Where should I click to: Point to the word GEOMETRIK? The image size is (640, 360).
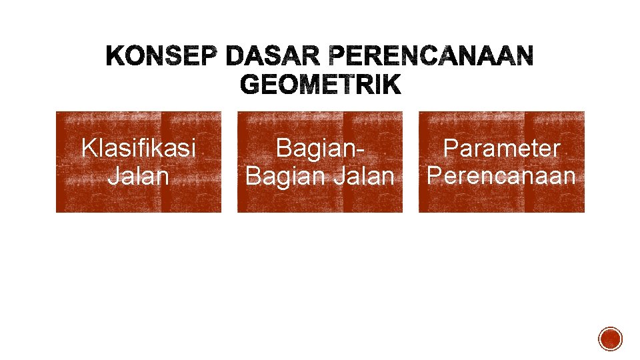[320, 85]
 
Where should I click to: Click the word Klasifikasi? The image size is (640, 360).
[139, 148]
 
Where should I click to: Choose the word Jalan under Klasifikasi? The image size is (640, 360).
[139, 176]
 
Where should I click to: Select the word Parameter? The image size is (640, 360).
[501, 148]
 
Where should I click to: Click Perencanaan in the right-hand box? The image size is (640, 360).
[501, 176]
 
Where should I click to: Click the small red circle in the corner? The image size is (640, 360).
[610, 339]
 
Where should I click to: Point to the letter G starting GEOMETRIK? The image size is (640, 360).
[249, 85]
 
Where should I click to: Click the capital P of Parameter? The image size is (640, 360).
[451, 148]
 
